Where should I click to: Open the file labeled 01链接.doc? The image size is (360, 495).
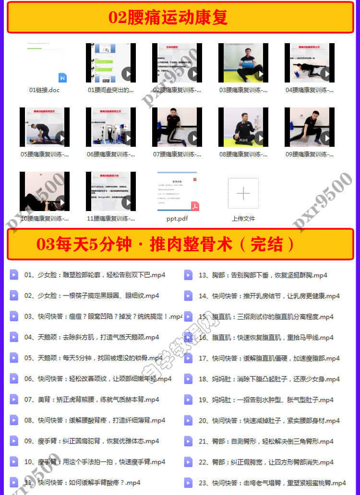[45, 63]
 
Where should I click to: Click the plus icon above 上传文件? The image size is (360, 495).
[243, 193]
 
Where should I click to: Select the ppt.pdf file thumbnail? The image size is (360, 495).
[177, 191]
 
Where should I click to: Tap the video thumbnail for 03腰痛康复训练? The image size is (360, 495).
[243, 63]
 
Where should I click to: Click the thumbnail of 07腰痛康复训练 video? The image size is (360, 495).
[177, 127]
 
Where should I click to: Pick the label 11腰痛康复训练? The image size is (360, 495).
[110, 219]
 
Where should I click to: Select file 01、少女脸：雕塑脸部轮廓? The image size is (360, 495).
[95, 275]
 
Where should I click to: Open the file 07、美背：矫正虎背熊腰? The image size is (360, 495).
[91, 400]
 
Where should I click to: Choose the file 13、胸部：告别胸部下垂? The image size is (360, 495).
[263, 275]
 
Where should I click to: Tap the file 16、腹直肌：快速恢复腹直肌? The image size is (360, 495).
[265, 338]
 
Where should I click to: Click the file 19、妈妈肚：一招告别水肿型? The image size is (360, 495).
[265, 400]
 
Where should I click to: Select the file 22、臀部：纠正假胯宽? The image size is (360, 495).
[265, 462]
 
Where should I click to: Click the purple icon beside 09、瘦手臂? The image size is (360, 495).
[14, 441]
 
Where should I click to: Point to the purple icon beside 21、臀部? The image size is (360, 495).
[188, 441]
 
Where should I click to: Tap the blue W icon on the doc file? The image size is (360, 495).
[62, 78]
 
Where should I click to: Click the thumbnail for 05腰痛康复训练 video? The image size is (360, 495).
[45, 127]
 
